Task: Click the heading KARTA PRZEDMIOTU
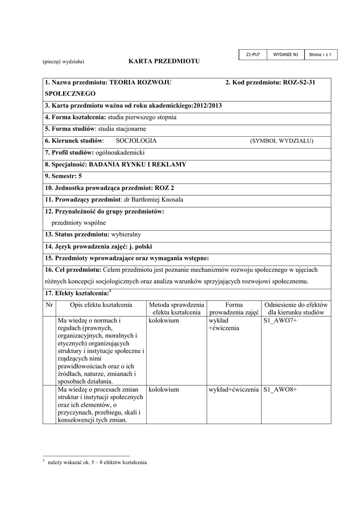tap(164, 61)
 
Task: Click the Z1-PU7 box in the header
tap(253, 54)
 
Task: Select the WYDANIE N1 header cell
tap(285, 54)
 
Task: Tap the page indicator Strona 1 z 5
tap(320, 54)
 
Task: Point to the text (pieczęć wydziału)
tap(63, 62)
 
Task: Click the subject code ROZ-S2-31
tap(299, 82)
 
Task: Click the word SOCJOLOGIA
tap(132, 141)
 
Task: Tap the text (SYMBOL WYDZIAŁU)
tap(281, 141)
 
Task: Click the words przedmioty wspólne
tap(79, 223)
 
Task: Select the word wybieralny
tap(126, 234)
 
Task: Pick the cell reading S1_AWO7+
tap(280, 321)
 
